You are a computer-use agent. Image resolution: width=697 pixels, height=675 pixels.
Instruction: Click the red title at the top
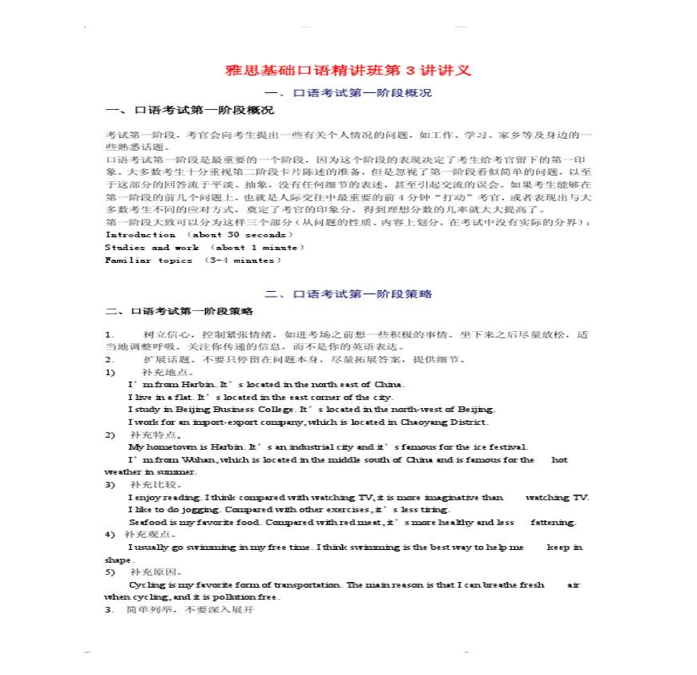coord(348,71)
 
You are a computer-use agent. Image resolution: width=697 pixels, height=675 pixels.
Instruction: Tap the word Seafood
coord(147,523)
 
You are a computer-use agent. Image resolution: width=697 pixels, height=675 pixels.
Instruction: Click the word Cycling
coord(145,585)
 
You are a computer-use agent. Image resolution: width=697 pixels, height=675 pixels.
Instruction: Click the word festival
coord(508,447)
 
